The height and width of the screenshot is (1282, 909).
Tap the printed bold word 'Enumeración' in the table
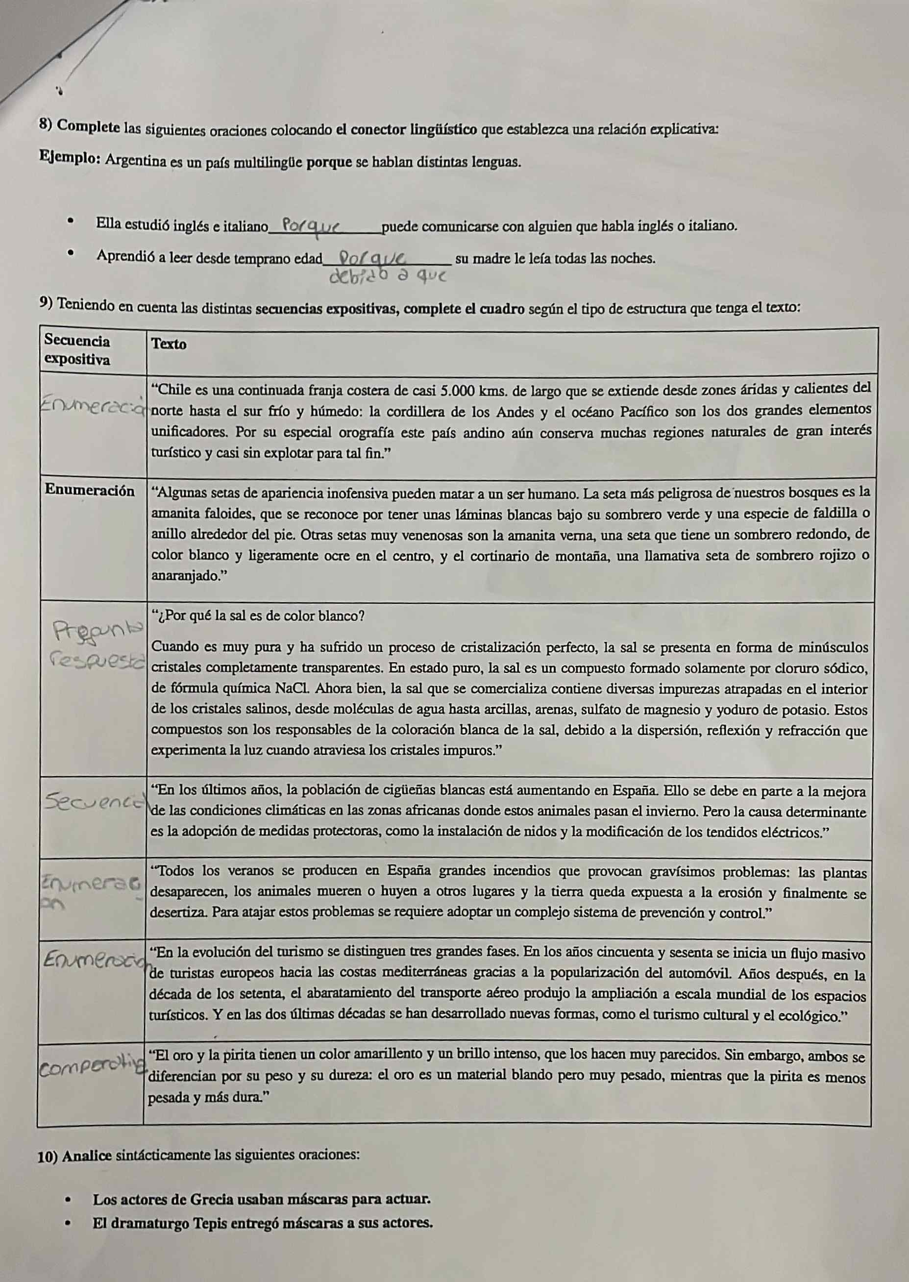[x=90, y=491]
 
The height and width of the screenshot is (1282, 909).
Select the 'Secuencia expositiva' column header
[x=77, y=349]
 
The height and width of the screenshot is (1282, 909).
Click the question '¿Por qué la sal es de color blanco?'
[x=261, y=616]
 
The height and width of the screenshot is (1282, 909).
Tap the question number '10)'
[x=49, y=1156]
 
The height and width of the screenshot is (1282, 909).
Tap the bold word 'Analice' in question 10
[x=90, y=1156]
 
